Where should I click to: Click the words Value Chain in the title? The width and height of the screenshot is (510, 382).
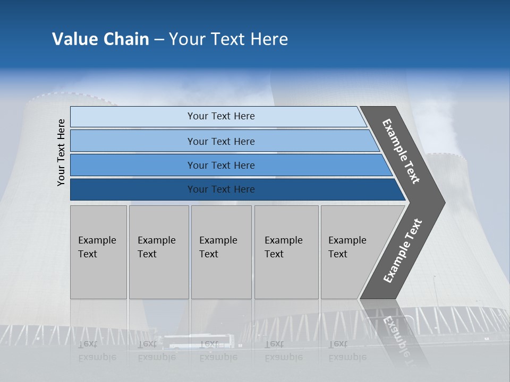100,39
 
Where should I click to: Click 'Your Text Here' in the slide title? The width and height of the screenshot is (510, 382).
228,39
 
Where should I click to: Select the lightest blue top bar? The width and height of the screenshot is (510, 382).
133,117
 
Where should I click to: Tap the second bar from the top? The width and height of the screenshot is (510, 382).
133,141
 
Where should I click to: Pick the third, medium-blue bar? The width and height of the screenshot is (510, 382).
133,165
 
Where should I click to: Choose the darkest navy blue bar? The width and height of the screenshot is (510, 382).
133,189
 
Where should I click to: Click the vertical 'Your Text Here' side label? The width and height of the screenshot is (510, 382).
61,152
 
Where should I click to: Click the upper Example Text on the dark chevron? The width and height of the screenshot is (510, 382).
401,151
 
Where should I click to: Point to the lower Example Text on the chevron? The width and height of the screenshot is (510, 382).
402,251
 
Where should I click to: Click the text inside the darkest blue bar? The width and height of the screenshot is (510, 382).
221,189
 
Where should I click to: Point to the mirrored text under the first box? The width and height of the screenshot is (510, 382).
97,351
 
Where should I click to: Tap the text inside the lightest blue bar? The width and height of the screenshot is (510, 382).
221,116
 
